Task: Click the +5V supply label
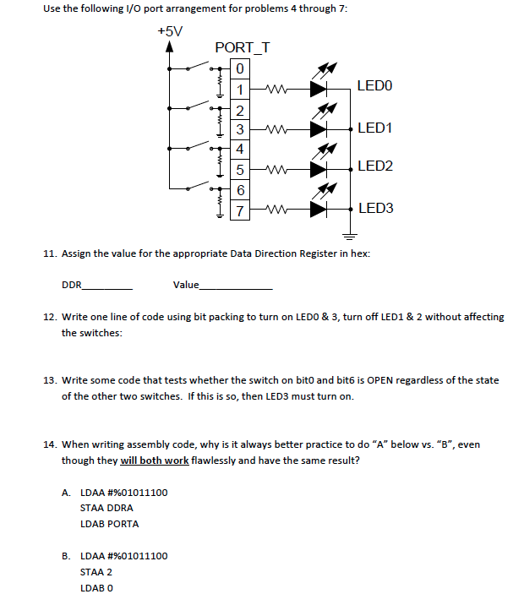tap(169, 30)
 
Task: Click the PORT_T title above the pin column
tap(243, 47)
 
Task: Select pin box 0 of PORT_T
tap(241, 68)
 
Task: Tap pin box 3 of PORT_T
tap(241, 129)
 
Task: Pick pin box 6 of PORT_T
tap(241, 190)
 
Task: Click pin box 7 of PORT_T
tap(241, 210)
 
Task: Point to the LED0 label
tap(374, 86)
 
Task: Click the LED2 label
tap(374, 166)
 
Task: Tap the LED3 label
tap(374, 208)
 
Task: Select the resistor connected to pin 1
tap(276, 88)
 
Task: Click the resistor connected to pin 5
tap(276, 170)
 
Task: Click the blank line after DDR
tap(107, 285)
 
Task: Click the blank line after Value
tap(236, 285)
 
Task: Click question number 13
tap(49, 380)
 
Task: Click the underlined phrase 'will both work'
tap(155, 460)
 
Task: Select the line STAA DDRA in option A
tap(106, 508)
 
